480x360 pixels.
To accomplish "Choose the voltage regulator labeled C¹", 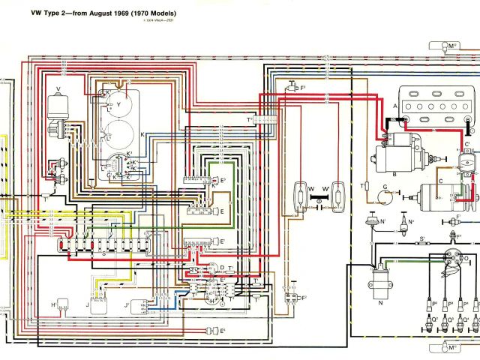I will pyautogui.click(x=469, y=160).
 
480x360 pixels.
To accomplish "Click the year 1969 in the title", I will pyautogui.click(x=114, y=13).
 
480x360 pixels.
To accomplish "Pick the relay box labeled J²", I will pyautogui.click(x=139, y=305).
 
